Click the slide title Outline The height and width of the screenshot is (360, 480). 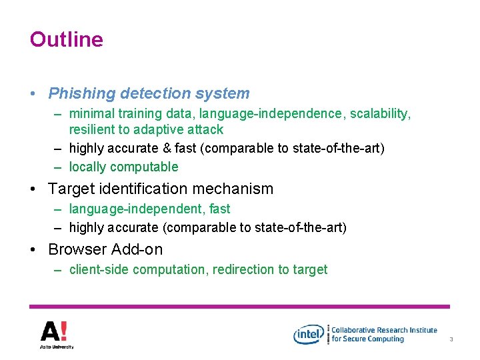pos(66,39)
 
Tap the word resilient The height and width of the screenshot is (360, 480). pos(94,129)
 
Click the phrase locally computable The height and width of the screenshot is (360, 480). pos(124,167)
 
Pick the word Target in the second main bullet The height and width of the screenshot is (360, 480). pos(71,189)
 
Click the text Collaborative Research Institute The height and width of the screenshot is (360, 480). pos(385,329)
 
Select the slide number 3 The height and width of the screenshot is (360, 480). pos(451,339)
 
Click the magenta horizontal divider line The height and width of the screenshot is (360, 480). pos(240,307)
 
